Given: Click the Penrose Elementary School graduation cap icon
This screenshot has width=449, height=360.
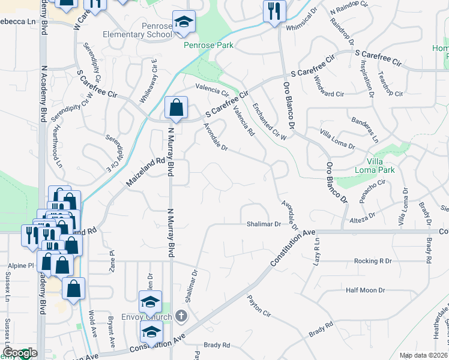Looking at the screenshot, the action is click(x=183, y=23).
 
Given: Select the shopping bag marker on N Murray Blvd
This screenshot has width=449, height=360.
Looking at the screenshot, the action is click(x=176, y=109).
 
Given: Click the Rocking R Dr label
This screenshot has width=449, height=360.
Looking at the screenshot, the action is click(x=372, y=261).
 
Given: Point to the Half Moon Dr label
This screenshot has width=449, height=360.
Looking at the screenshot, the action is click(x=365, y=290).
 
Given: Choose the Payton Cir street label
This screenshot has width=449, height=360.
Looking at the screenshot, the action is click(x=259, y=305).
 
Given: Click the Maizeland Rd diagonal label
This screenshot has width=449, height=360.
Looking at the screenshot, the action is click(x=145, y=171).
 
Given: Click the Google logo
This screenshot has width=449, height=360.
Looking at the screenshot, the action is click(x=20, y=353).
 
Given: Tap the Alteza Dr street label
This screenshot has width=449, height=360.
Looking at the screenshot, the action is click(x=363, y=214).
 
